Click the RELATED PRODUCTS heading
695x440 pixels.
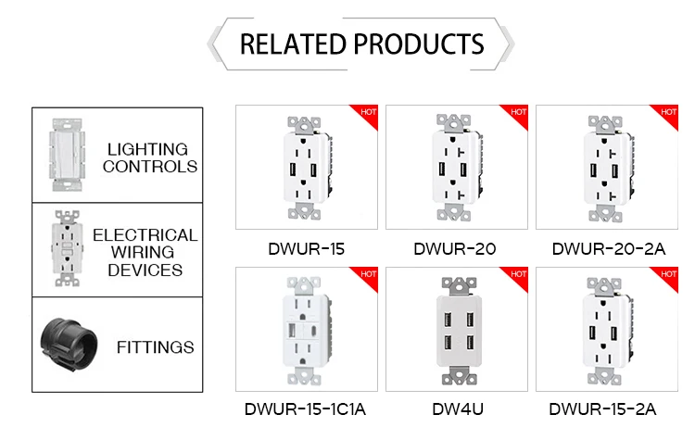point(361,44)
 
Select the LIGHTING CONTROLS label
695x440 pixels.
point(149,157)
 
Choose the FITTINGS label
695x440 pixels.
point(156,347)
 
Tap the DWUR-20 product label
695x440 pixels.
point(454,248)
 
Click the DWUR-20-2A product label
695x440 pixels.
point(605,248)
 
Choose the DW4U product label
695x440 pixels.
point(454,409)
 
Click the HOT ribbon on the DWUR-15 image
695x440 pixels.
point(367,113)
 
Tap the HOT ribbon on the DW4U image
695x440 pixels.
point(518,274)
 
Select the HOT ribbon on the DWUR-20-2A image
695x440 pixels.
point(668,113)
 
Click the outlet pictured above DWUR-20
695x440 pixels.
point(454,167)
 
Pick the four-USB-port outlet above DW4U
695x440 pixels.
point(454,330)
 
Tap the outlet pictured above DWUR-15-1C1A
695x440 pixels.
point(305,330)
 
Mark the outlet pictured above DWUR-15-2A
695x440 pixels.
point(605,330)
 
